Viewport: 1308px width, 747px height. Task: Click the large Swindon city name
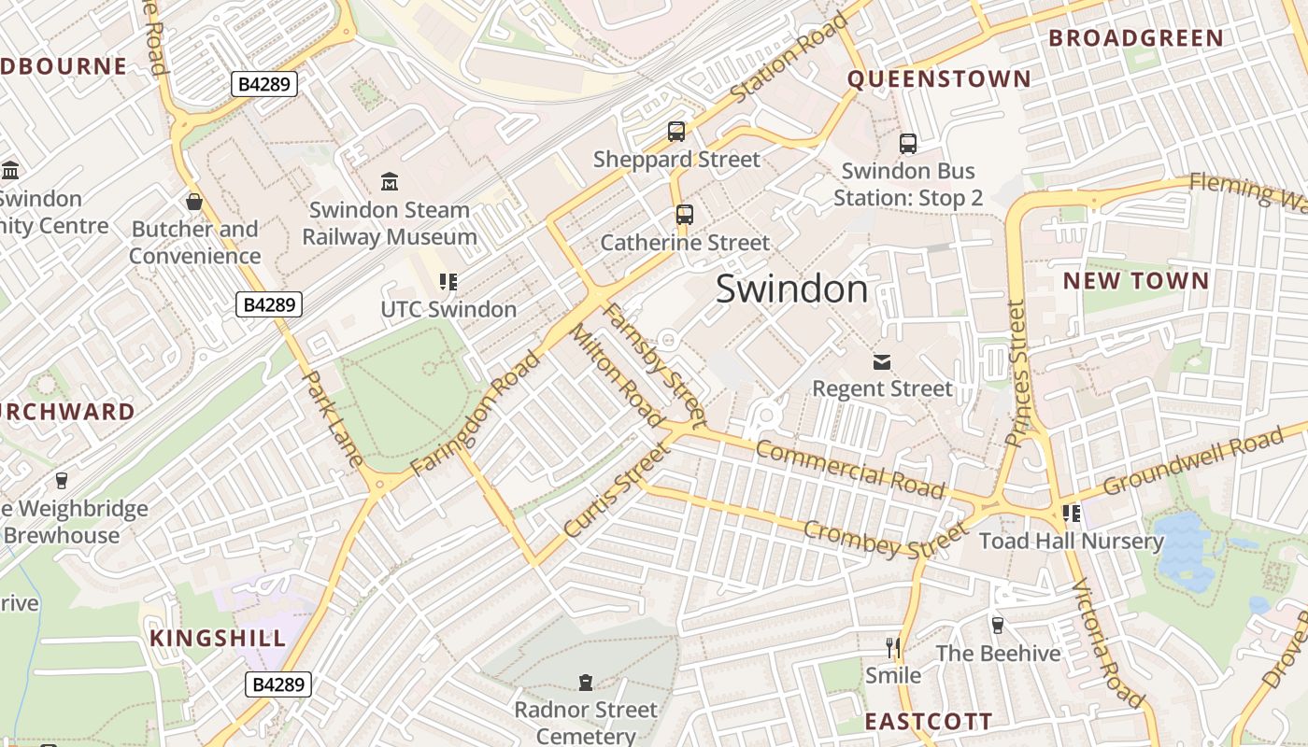pos(791,289)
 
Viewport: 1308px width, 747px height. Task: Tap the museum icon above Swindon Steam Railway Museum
pos(390,181)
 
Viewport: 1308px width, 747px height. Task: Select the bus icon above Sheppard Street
pos(676,132)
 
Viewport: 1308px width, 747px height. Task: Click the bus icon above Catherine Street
pos(685,215)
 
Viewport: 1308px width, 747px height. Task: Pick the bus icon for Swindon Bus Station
pos(908,144)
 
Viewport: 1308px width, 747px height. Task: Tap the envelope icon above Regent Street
pos(881,361)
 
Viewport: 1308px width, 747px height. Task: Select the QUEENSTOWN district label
pos(938,79)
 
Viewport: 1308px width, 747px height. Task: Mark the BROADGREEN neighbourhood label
pos(1135,38)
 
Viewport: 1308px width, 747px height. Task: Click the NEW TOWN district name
pos(1135,281)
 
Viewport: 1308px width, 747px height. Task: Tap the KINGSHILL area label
pos(218,639)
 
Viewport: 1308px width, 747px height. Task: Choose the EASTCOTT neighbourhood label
pos(928,722)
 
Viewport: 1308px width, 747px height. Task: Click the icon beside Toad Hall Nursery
pos(1071,514)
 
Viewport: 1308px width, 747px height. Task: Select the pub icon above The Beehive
pos(997,626)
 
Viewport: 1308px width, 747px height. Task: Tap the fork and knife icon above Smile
pos(893,646)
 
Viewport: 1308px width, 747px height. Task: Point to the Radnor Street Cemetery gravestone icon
pos(586,683)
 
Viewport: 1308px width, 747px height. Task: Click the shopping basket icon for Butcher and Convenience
pos(194,202)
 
